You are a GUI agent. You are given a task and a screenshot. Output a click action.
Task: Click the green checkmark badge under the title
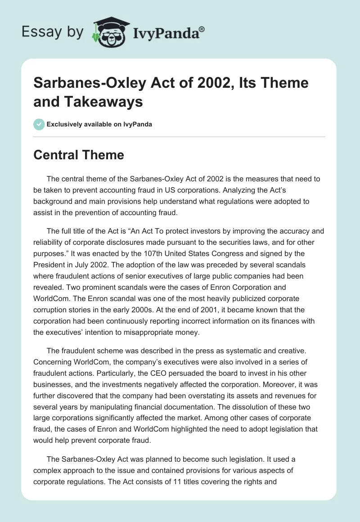pos(39,124)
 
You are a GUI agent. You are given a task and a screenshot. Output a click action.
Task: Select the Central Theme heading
pos(79,155)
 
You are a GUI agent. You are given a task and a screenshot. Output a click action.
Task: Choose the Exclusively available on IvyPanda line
pos(99,124)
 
